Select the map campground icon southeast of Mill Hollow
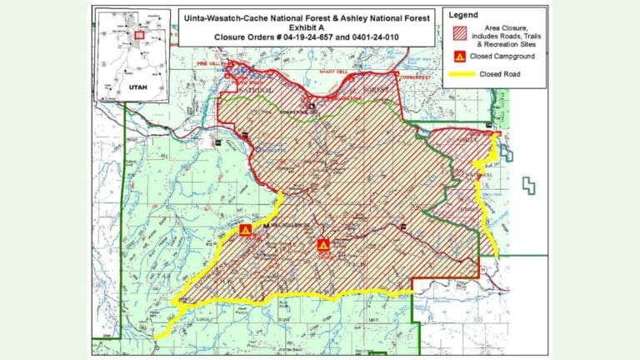click(323, 245)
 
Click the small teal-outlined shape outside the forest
click(527, 185)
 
